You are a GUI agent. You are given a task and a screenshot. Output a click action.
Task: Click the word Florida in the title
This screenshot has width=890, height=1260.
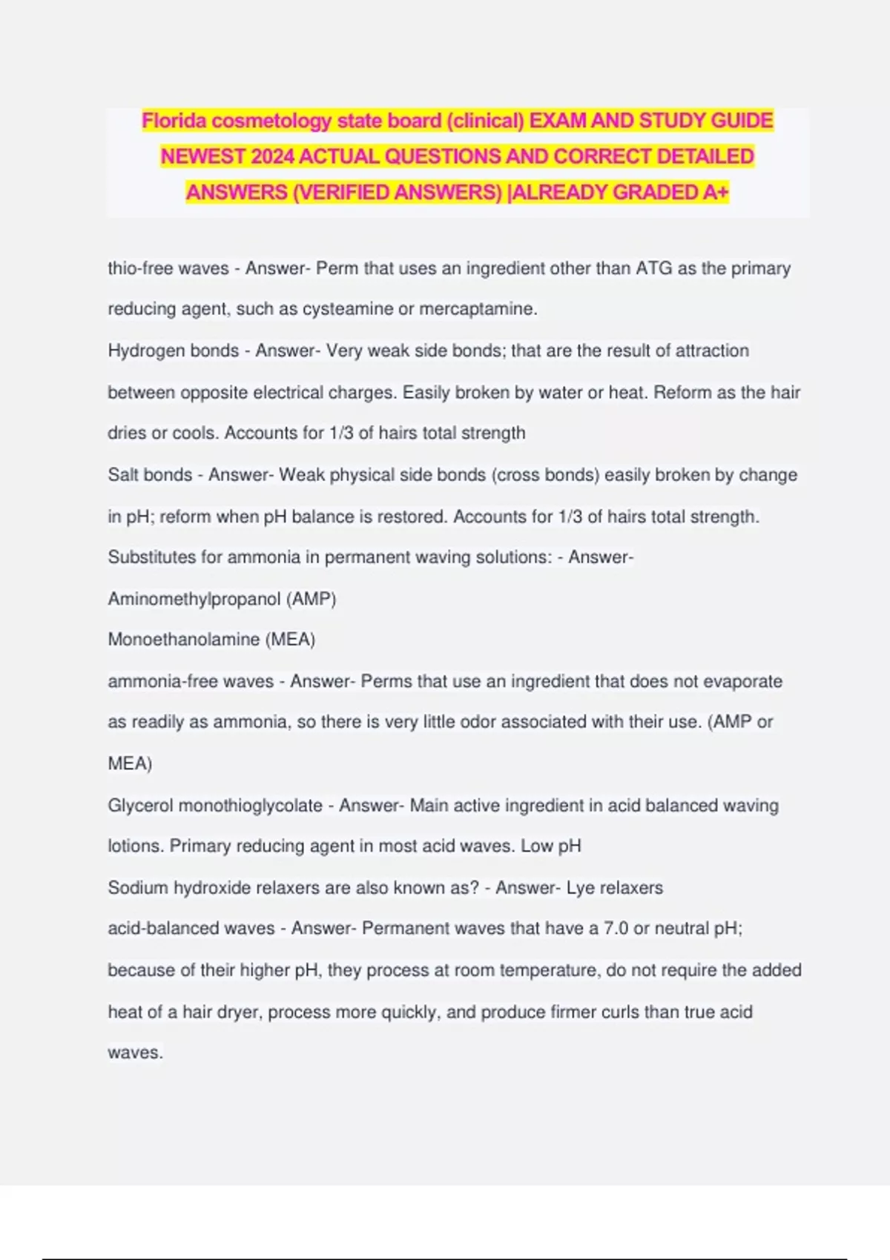[174, 121]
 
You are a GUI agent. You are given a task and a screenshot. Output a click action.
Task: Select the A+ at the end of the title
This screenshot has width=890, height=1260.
[716, 193]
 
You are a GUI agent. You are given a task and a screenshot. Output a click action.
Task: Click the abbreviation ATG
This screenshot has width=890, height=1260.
[653, 268]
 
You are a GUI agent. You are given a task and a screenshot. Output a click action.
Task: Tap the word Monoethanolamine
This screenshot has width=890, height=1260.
[184, 640]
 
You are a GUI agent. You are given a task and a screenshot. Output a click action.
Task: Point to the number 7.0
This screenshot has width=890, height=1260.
[616, 929]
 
